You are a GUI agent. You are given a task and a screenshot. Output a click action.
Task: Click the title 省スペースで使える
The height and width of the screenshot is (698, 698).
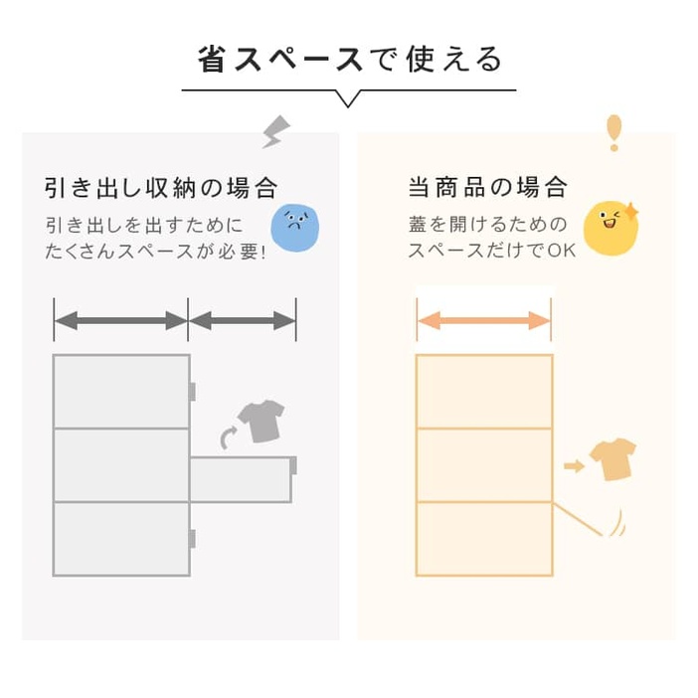[x=350, y=60]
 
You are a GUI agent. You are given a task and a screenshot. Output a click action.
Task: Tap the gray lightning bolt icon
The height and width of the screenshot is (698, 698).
[x=276, y=132]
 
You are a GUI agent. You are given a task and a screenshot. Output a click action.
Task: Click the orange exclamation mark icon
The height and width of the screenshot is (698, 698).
[x=613, y=132]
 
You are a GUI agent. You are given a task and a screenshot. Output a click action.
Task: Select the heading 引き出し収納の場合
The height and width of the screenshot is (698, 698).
[x=161, y=187]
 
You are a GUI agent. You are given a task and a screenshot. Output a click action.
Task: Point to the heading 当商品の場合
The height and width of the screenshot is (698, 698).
[x=488, y=187]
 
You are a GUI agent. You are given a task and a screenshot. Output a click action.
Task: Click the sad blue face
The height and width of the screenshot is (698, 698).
[x=295, y=229]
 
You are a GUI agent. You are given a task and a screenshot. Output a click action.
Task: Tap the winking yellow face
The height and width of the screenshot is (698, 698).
[x=611, y=229]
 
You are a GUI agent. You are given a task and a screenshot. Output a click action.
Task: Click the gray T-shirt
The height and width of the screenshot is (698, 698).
[x=262, y=422]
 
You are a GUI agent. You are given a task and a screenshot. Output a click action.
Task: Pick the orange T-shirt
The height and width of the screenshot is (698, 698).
[x=612, y=459]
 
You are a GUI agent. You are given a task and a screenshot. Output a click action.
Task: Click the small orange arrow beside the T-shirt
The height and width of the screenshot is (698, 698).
[x=575, y=466]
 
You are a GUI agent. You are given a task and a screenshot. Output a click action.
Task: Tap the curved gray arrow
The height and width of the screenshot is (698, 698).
[x=229, y=437]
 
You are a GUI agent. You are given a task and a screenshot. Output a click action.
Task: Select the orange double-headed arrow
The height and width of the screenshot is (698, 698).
[x=484, y=320]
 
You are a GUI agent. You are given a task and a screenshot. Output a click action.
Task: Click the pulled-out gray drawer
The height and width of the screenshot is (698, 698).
[x=242, y=479]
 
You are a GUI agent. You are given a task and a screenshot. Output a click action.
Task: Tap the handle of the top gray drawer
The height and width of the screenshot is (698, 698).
[x=192, y=392]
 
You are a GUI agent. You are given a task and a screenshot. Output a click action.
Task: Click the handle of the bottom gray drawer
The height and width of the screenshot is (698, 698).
[x=192, y=539]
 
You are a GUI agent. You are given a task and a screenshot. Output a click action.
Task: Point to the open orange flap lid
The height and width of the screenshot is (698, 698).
[x=578, y=519]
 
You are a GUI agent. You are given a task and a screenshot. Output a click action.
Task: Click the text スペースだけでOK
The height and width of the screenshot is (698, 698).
[x=492, y=251]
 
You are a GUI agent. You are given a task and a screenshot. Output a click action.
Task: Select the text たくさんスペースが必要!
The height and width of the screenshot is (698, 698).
[x=155, y=252]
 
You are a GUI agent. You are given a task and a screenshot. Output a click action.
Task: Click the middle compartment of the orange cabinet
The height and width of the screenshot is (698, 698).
[x=484, y=465]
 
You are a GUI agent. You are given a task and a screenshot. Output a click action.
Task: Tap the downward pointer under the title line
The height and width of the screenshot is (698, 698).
[x=348, y=98]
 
